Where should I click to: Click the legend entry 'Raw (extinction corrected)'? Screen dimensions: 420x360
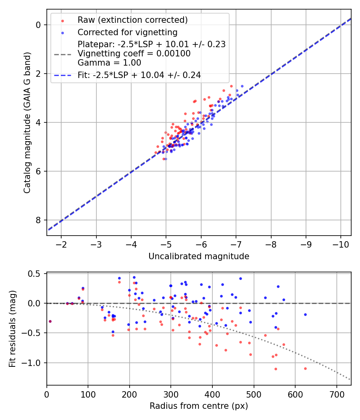point(132,20)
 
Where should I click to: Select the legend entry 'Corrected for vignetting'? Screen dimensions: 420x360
point(128,32)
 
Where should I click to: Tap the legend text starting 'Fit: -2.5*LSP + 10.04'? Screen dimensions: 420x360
point(139,75)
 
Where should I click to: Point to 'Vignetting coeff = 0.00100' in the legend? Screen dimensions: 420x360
point(134,54)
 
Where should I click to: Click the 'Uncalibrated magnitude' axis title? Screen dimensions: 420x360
point(199,256)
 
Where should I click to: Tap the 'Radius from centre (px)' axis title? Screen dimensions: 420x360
point(199,406)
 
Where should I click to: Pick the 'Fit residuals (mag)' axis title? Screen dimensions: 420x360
point(12,329)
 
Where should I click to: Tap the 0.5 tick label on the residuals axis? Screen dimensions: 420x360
point(36,274)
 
